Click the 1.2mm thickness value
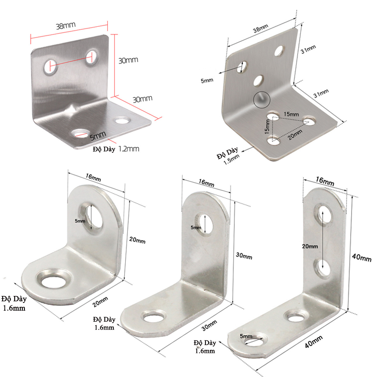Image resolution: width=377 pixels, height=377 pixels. pos(129,149)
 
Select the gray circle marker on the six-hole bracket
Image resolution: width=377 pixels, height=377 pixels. pos(261,98)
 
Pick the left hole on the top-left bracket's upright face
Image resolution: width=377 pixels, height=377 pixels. pos(49,67)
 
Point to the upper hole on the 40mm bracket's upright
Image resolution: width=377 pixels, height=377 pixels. pos(323,215)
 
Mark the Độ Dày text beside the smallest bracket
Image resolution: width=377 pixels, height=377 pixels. pos(15,299)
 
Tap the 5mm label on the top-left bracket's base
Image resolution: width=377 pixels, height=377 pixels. pos(98,135)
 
